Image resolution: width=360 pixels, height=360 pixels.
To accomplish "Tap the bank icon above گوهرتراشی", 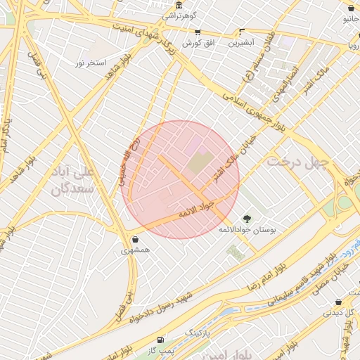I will point(180,6).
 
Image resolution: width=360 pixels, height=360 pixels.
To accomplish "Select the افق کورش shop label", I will point(198,43).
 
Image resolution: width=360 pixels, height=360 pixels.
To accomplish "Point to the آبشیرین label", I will point(242,43).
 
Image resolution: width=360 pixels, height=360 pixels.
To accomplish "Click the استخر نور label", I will point(91,63).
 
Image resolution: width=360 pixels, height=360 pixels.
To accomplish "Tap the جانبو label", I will point(351,19).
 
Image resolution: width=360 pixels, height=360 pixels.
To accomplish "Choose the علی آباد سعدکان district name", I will point(78,180).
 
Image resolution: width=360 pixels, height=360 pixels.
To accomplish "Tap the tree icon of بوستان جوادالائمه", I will point(246,218).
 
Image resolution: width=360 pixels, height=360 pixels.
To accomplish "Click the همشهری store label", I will point(135,250).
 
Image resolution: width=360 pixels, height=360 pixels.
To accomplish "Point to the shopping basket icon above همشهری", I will point(135,240).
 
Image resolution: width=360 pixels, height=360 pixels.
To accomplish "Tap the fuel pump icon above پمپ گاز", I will point(162,339).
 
